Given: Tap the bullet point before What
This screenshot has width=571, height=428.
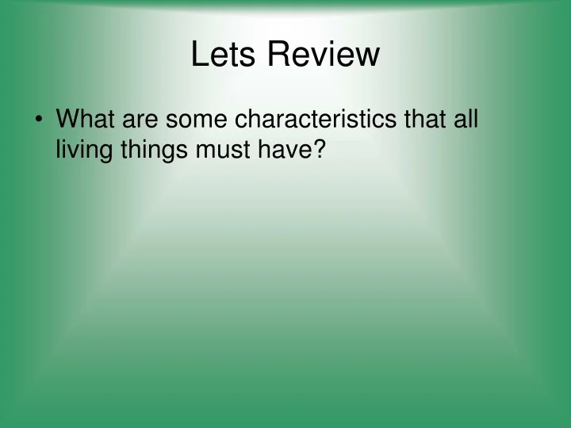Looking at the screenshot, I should coord(39,121).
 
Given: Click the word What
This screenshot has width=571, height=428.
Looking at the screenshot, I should coord(84,120).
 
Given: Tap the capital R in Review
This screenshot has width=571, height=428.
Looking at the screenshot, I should coord(278,55).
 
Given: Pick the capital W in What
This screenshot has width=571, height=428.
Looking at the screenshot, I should coord(68,120).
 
